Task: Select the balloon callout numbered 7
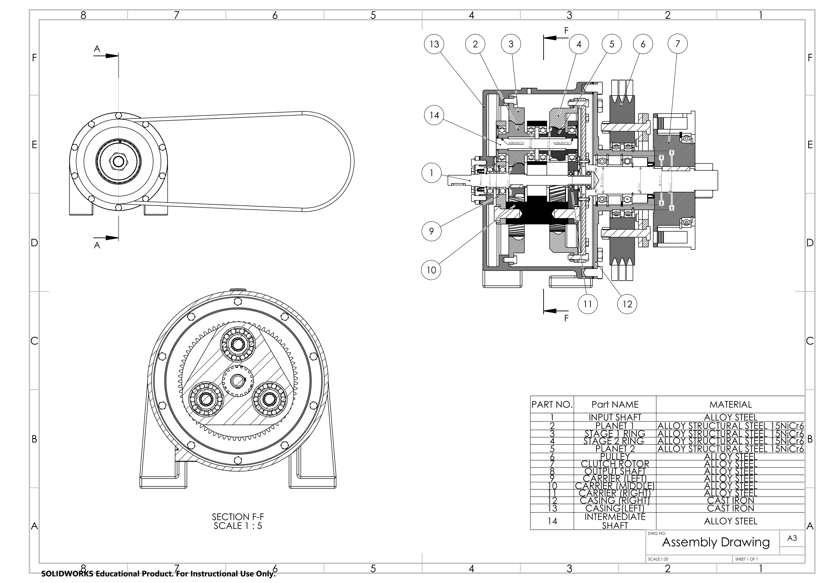click(x=677, y=44)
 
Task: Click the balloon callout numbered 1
click(x=431, y=173)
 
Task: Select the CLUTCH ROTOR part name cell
click(x=615, y=464)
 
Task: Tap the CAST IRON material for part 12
click(x=730, y=500)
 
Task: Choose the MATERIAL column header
click(x=730, y=405)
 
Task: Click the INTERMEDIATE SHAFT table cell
click(x=615, y=521)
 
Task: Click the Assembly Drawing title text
click(x=716, y=542)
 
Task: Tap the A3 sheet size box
click(x=792, y=538)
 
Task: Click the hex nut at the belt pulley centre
click(x=118, y=162)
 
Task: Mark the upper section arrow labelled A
click(x=106, y=56)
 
